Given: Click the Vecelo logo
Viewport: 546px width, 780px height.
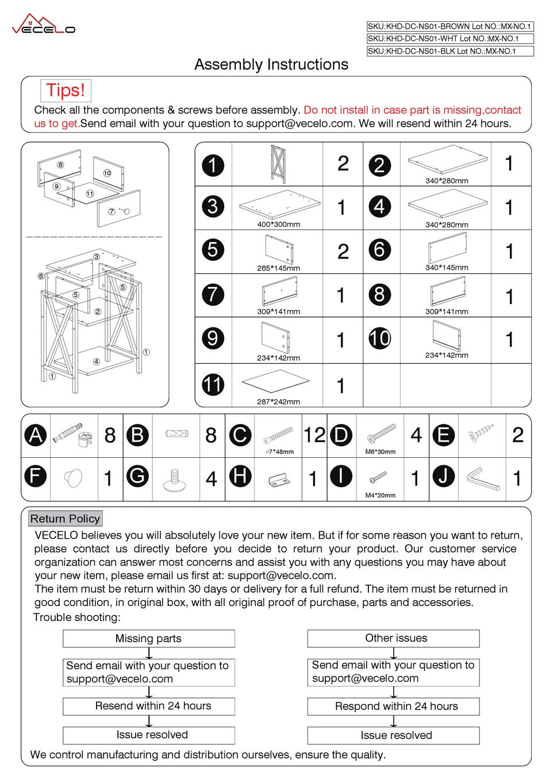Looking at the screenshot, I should point(44,25).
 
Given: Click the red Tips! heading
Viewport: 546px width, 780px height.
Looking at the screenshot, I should point(66,90).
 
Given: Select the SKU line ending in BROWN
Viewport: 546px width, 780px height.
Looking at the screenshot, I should point(449,26).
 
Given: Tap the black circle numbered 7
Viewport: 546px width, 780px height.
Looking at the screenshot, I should point(213,294).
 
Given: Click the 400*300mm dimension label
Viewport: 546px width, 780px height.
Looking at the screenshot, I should point(278,225).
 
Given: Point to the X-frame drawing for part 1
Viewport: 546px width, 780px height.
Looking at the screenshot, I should point(278,163).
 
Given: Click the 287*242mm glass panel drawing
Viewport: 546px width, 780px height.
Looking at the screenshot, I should point(276,381).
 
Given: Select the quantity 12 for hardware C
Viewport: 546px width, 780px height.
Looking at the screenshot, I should point(314,435).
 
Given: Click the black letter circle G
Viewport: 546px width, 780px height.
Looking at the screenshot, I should point(137,476).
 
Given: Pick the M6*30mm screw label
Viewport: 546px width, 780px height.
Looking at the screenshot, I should point(380,452).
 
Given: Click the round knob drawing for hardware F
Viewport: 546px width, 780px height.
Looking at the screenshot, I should point(74,478).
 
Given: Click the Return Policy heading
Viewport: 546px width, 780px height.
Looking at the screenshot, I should point(65,519).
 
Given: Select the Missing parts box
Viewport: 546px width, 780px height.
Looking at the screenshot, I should point(148,639).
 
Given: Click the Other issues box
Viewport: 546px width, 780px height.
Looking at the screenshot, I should point(394,638).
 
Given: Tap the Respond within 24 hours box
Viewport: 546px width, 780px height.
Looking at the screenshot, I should point(394,706).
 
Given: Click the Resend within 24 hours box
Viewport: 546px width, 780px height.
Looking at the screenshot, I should point(148,706).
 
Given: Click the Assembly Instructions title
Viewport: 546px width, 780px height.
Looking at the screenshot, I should point(271,64).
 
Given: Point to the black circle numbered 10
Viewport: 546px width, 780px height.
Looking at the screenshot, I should point(379,338).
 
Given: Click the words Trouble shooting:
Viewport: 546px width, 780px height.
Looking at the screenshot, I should point(77,617).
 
